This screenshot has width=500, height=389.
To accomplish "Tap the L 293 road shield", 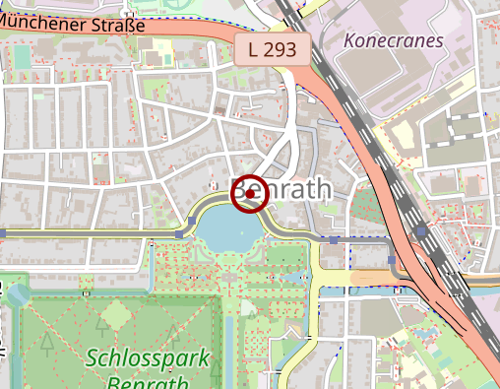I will [274, 48].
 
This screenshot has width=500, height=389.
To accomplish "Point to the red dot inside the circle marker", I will [251, 195].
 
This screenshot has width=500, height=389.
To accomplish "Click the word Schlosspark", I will [148, 357].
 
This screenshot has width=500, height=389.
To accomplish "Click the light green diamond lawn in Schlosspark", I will [117, 316].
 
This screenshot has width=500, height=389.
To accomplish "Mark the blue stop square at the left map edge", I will [3, 233].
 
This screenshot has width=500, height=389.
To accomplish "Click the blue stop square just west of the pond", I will [178, 233].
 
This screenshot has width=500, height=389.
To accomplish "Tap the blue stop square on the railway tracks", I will [421, 232].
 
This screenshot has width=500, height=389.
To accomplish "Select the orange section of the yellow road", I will [374, 278].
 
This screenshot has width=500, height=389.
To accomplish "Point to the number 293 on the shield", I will [281, 48].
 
